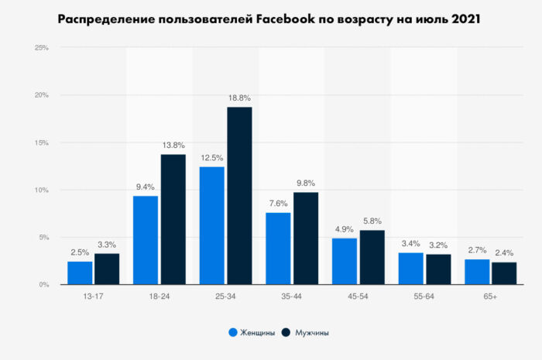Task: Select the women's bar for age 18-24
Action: click(146, 240)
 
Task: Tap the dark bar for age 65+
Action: click(504, 273)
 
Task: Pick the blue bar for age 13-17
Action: click(80, 273)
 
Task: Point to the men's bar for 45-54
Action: click(372, 257)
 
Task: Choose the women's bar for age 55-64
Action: click(410, 269)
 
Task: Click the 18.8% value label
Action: click(239, 98)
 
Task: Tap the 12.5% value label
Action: click(211, 158)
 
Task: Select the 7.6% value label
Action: click(278, 204)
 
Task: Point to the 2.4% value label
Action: click(504, 253)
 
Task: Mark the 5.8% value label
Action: click(372, 221)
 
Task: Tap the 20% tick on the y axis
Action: click(42, 95)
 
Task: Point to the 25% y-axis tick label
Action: click(42, 48)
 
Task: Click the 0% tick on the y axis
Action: click(44, 285)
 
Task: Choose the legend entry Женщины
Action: click(252, 333)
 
